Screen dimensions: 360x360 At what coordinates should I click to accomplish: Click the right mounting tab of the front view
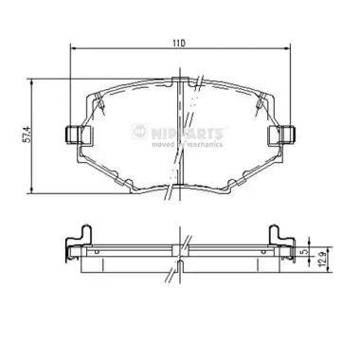282,135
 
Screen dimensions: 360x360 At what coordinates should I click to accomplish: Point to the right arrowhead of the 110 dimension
283,50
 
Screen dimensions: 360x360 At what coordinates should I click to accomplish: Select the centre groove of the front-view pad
179,133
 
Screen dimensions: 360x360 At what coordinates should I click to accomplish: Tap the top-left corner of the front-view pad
99,93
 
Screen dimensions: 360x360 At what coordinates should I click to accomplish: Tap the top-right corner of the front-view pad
258,93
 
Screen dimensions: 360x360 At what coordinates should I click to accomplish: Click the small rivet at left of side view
95,252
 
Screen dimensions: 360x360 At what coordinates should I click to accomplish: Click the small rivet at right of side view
263,252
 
